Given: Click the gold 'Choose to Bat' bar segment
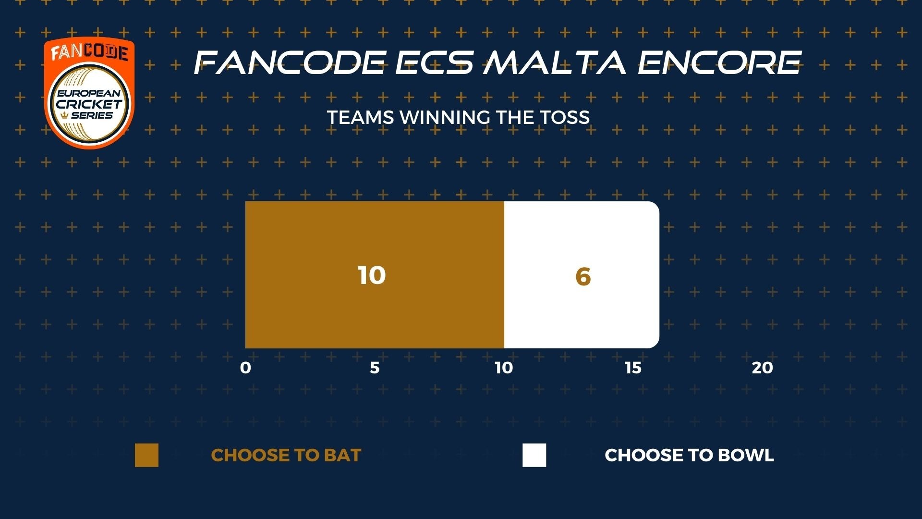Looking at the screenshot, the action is coord(375,274).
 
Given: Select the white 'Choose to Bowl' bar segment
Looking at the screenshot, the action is coord(582,274).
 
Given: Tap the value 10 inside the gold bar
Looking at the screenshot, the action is coord(372,275).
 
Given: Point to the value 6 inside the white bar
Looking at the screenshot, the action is coord(582,276).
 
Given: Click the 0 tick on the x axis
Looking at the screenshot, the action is coord(245,368).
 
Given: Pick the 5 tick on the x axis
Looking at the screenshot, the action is coord(375,368).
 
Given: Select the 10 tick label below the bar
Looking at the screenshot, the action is coord(504,368).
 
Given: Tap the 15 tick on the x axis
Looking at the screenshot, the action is coord(633,368).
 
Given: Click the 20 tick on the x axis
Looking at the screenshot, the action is coord(763,368).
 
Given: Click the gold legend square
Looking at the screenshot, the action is coord(146,455).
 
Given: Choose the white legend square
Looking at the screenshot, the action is coord(534,455).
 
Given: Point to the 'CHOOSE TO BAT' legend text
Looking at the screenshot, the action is coord(286,455).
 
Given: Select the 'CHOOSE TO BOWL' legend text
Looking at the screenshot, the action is coord(689,455).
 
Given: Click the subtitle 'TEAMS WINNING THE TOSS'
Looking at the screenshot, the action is coord(458,118).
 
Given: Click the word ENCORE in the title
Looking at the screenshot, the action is coord(719,62).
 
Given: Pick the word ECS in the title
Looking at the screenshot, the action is coord(434,62).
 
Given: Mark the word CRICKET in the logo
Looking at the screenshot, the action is coord(89,104).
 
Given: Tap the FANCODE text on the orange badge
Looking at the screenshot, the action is coord(89,52).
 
